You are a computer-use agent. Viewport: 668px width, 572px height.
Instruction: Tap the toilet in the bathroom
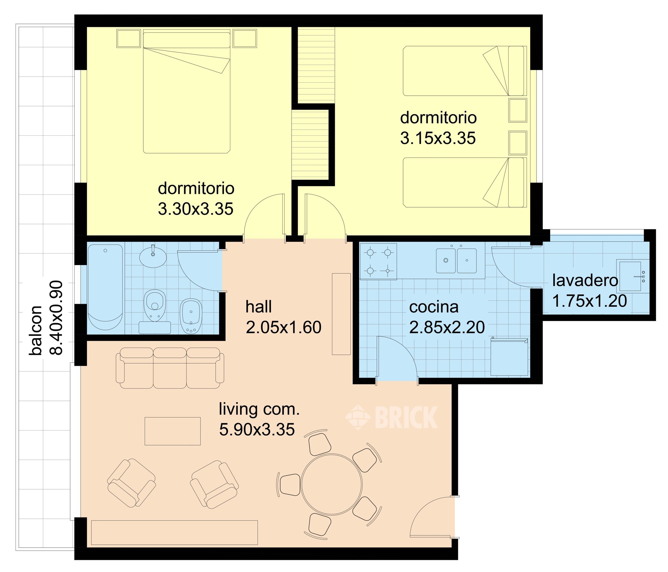(154, 305)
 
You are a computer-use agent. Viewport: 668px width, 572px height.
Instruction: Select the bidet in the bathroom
(191, 316)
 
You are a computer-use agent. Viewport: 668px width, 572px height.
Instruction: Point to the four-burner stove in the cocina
(379, 261)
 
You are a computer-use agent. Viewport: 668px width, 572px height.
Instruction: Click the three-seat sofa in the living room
(170, 368)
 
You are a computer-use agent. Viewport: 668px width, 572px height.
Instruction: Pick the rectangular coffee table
(172, 431)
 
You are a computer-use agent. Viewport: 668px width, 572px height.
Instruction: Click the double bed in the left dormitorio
(187, 91)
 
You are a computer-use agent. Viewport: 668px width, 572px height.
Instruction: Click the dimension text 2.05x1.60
(284, 327)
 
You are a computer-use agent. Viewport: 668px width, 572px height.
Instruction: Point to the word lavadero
(585, 280)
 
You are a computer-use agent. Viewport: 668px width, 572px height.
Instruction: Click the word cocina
(434, 307)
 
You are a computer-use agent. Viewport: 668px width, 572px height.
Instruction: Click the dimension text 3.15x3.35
(438, 139)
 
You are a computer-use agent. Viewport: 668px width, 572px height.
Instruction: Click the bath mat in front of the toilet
(155, 327)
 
